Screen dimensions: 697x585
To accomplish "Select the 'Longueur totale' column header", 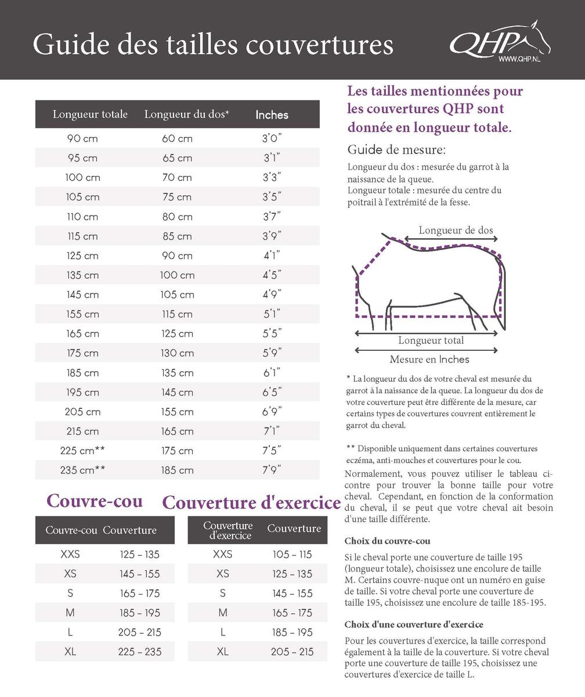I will (x=90, y=114).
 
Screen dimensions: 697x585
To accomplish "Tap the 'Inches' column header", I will (x=272, y=115).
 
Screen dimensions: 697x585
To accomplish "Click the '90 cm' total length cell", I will (x=82, y=139).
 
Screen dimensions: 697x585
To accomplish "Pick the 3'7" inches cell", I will (x=272, y=217).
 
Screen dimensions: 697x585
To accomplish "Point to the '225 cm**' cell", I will (x=82, y=451).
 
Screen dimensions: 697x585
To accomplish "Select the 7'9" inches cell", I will (x=272, y=470).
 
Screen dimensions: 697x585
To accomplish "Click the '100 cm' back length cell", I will (x=177, y=275).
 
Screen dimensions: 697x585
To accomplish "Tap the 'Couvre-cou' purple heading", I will (x=94, y=501).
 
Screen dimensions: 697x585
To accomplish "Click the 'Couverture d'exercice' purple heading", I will (x=251, y=502).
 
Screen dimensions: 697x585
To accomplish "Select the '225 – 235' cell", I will (x=140, y=652).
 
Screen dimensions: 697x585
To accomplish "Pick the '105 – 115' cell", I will (x=292, y=554).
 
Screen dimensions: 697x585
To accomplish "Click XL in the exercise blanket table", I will (x=223, y=652).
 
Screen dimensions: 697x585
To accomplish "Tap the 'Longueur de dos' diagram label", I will (x=456, y=230).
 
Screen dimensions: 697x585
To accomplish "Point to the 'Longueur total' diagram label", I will (x=431, y=340).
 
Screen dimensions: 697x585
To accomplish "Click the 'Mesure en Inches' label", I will (x=429, y=360).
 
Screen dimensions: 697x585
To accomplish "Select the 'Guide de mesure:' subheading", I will (x=396, y=150).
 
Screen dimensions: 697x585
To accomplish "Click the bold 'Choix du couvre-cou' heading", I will (x=387, y=541).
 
